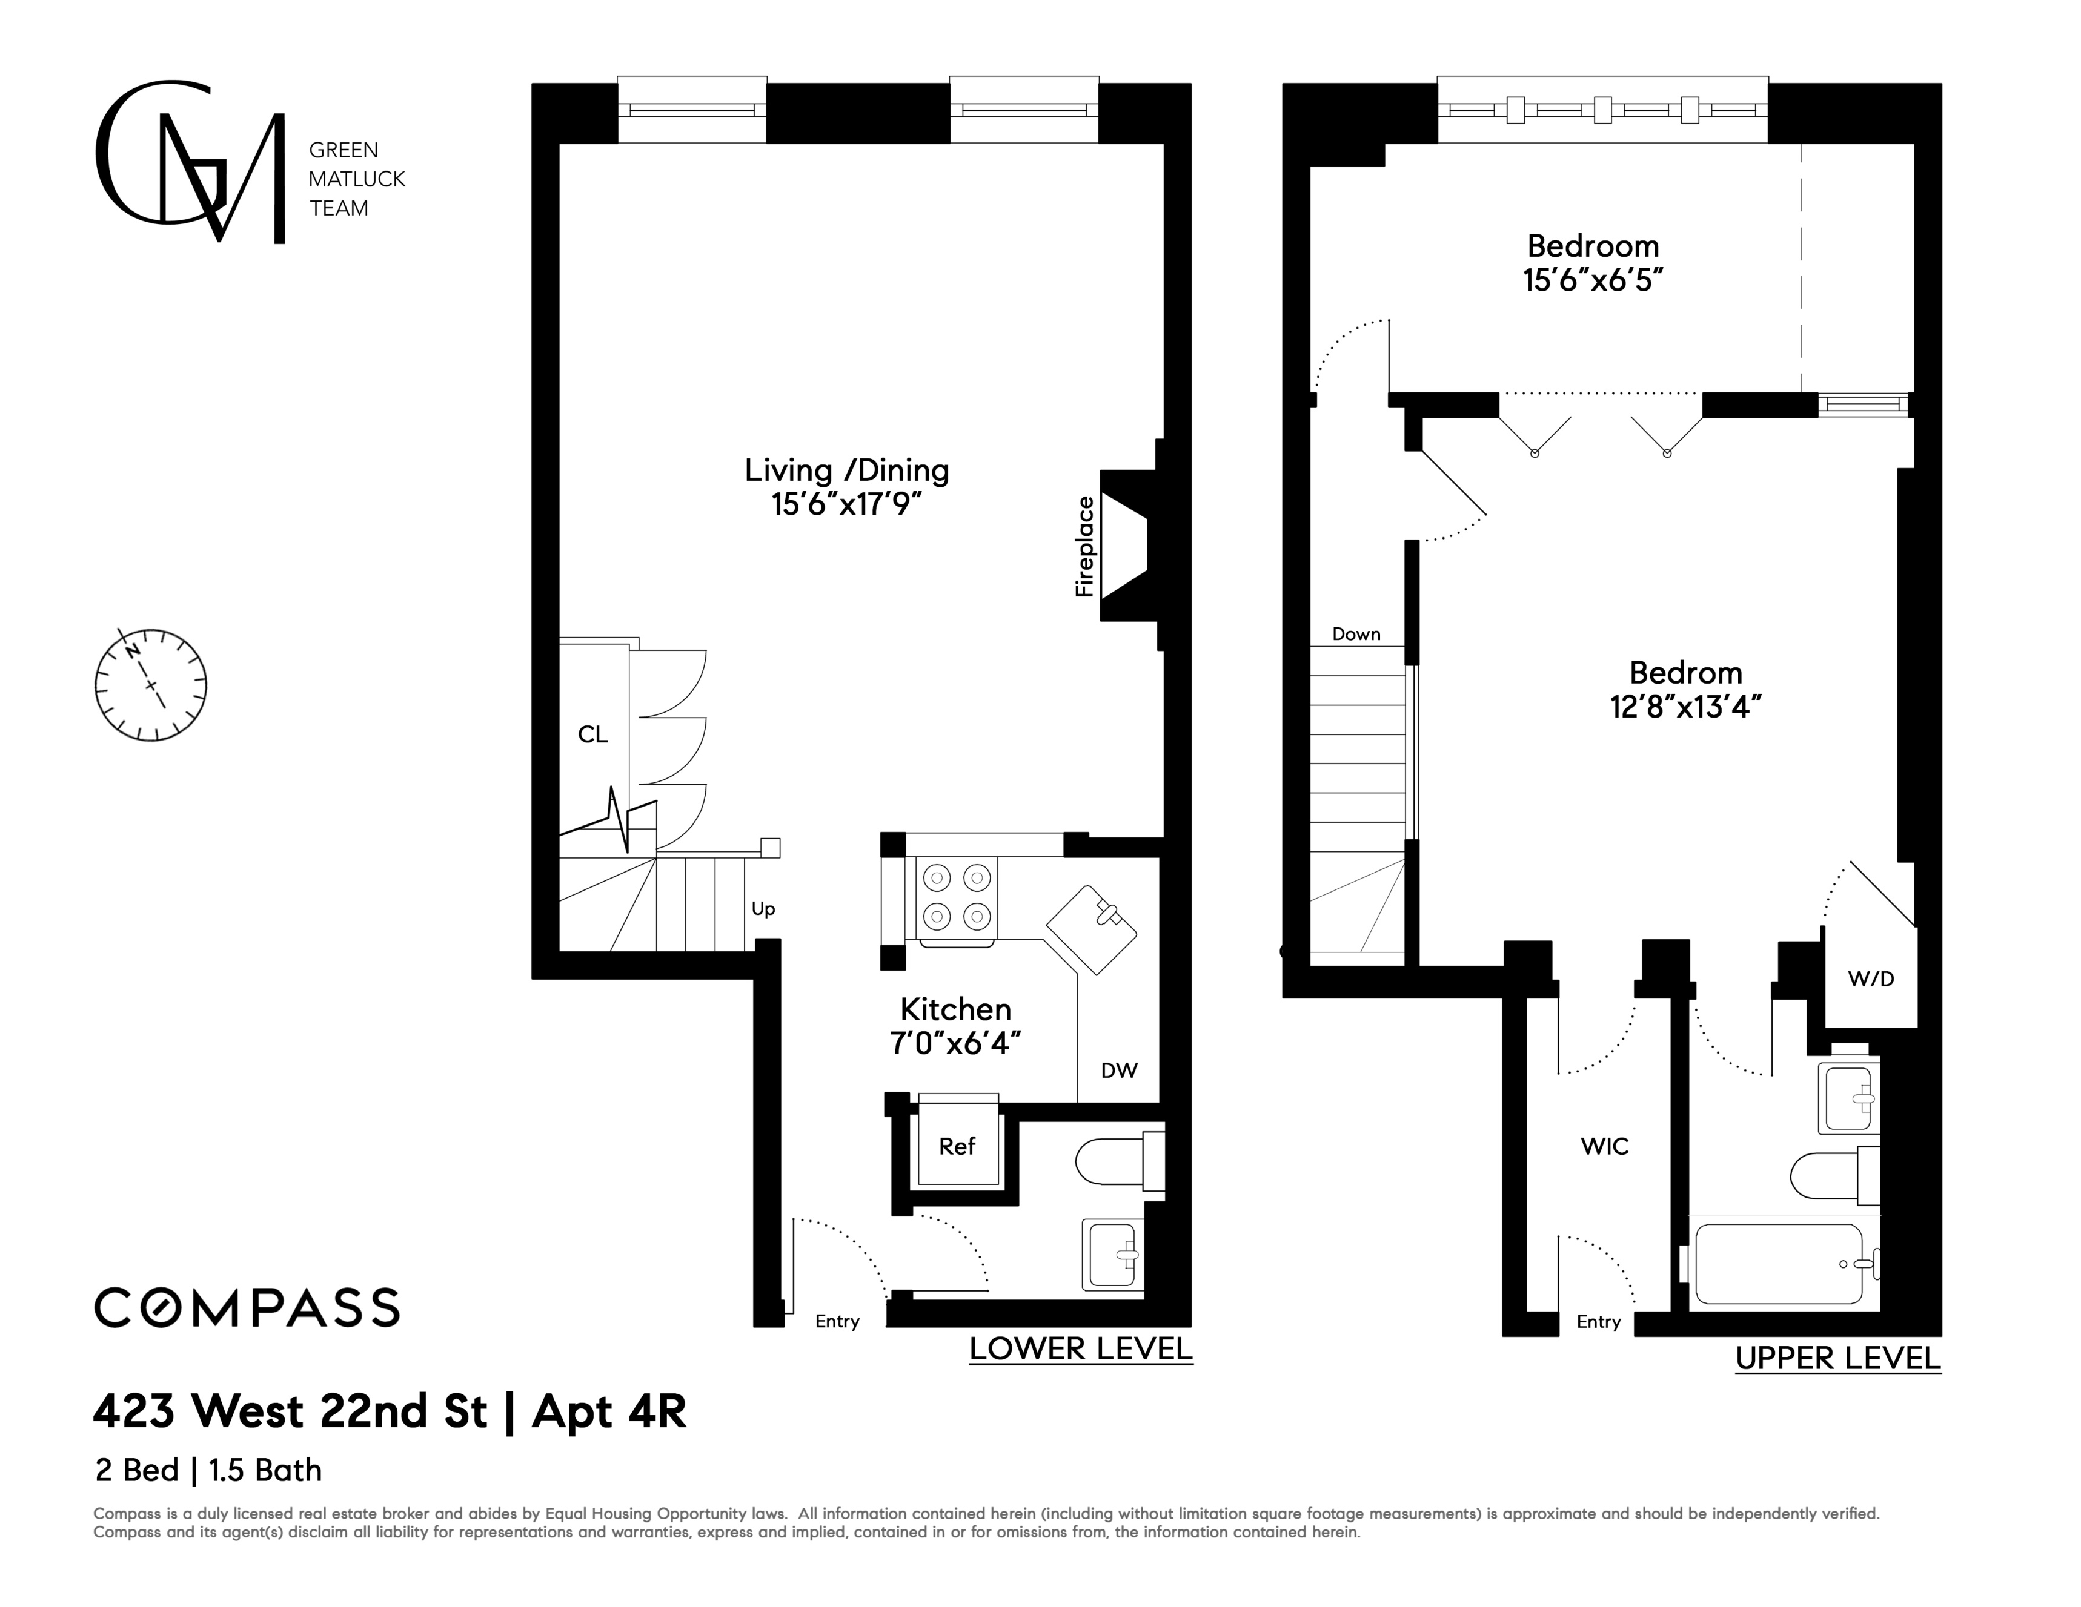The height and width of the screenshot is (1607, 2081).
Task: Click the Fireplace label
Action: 1084,547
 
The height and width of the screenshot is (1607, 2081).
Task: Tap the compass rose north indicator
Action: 133,651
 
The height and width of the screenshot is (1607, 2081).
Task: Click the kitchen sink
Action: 1092,929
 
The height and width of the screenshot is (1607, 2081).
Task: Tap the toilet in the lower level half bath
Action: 1120,1161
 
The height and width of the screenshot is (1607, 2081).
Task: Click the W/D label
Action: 1870,978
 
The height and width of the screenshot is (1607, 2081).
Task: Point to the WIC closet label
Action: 1605,1146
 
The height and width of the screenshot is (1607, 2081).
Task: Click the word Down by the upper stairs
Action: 1356,635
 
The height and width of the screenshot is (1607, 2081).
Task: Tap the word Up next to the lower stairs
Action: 763,909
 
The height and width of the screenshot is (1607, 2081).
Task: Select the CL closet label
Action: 592,734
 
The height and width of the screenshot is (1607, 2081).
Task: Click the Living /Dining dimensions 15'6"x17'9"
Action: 847,504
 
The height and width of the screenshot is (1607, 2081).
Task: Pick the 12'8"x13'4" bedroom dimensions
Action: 1685,707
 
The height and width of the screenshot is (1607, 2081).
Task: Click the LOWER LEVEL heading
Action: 1081,1349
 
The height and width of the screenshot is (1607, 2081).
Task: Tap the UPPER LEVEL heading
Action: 1838,1358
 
